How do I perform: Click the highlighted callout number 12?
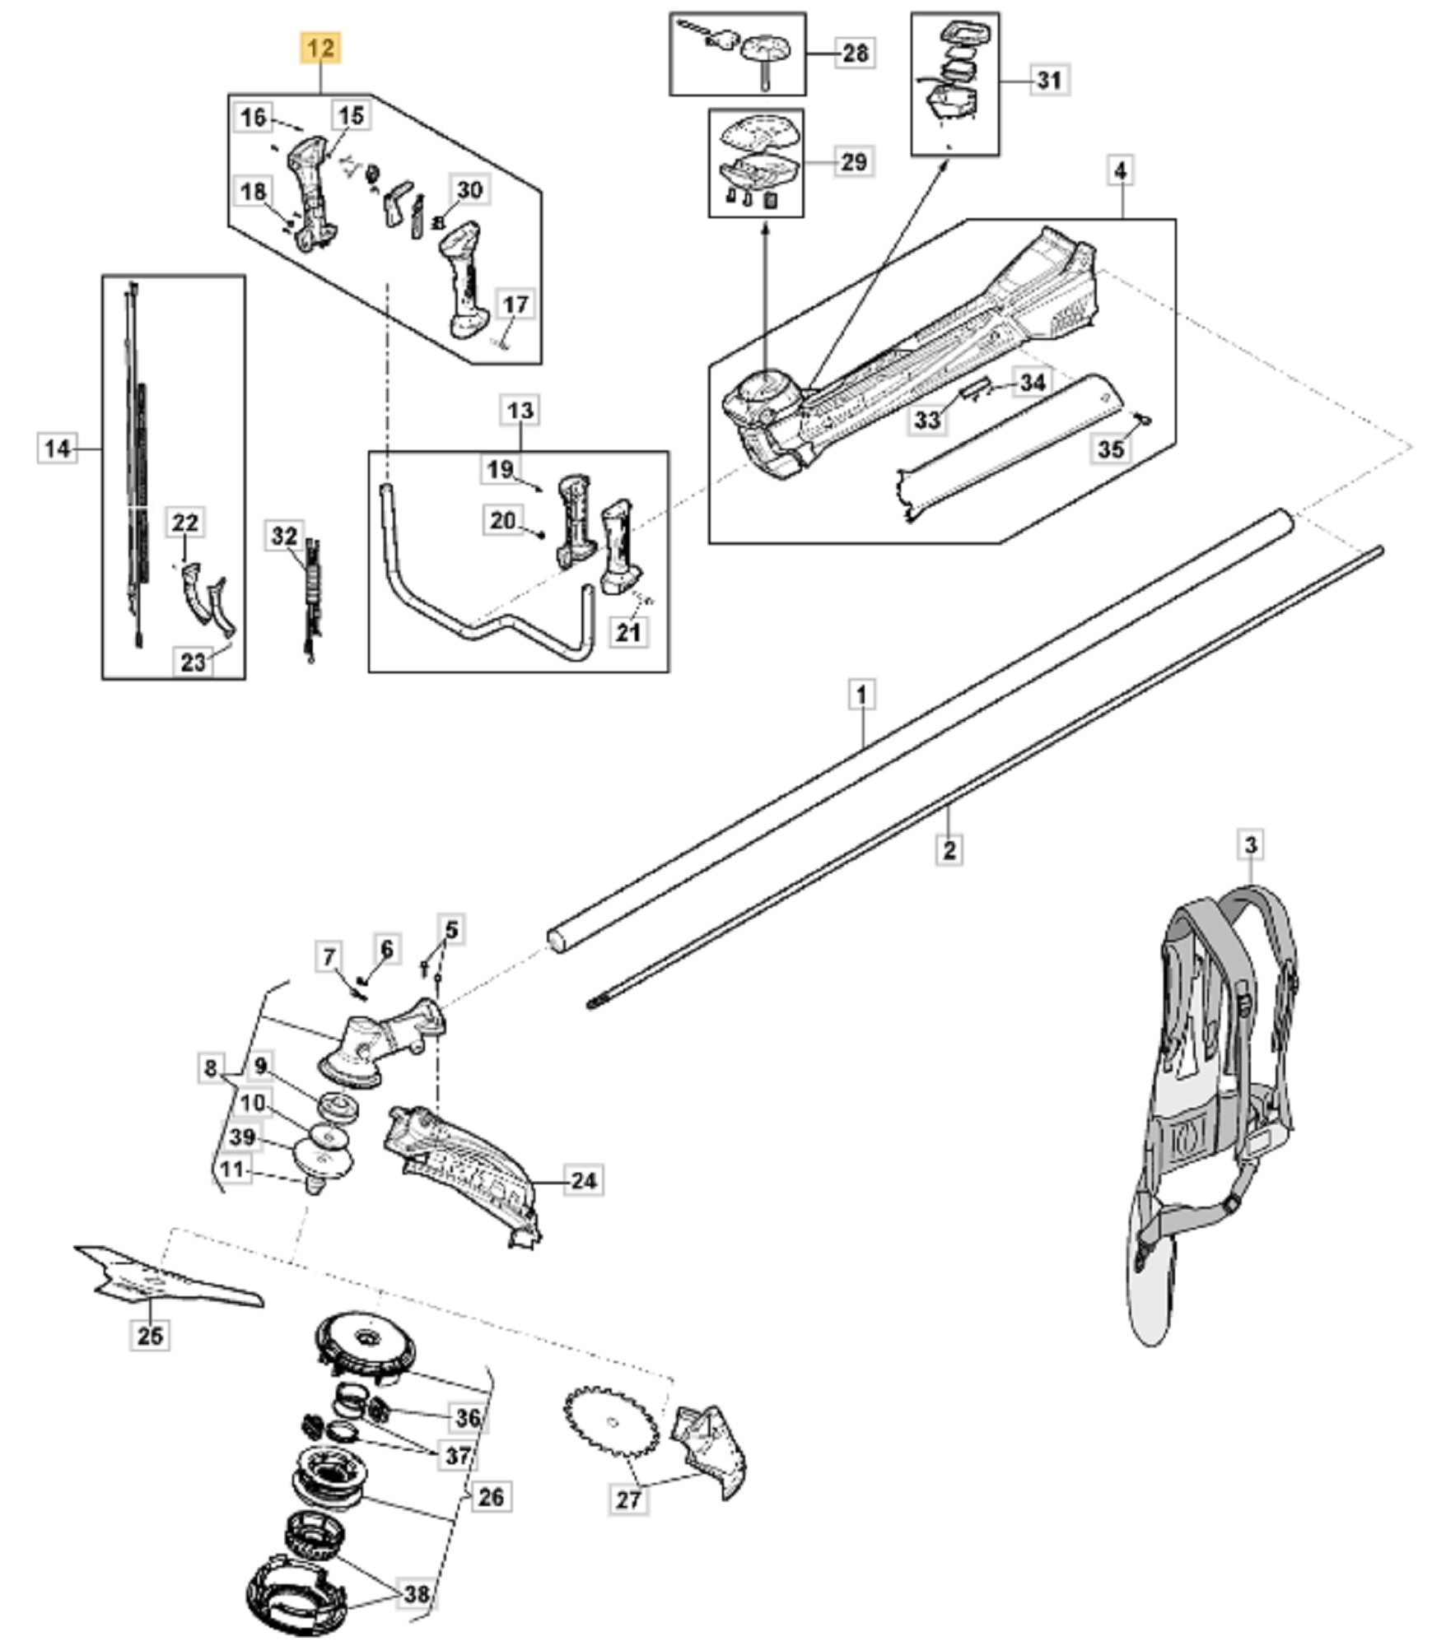click(320, 49)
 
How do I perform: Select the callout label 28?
click(856, 53)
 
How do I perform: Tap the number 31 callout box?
click(1048, 80)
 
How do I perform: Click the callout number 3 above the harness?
click(1251, 844)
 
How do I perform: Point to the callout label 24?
click(583, 1180)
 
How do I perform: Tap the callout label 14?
click(58, 449)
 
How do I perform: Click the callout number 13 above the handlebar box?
click(520, 410)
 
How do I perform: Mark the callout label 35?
click(1111, 449)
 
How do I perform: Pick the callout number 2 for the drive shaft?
click(949, 849)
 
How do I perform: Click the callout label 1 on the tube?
click(861, 695)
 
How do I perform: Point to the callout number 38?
click(417, 1594)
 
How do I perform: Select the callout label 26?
click(491, 1496)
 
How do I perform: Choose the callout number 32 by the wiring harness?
click(284, 537)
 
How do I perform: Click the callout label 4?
click(1121, 171)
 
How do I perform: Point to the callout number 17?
click(515, 305)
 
